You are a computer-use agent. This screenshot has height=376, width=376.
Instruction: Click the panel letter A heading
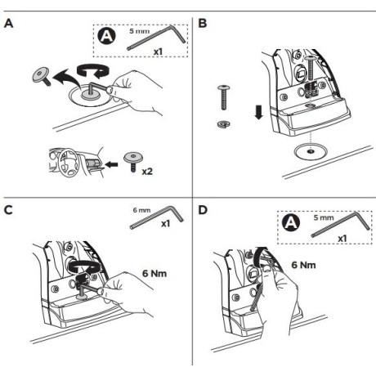point(8,23)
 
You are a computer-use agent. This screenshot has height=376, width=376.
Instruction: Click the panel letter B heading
point(203,23)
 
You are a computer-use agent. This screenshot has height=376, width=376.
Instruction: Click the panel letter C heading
point(8,210)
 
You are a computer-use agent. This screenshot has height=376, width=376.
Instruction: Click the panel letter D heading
point(203,210)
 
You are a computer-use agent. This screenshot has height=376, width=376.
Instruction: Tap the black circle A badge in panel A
point(106,36)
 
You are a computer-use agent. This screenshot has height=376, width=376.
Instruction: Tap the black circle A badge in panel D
point(291,223)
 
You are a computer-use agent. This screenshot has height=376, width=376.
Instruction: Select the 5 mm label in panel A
point(140,31)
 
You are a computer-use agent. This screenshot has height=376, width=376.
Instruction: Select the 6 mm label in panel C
point(141,210)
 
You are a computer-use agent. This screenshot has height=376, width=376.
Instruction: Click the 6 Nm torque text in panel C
point(154,273)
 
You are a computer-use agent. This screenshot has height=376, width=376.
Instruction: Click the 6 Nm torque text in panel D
point(303,265)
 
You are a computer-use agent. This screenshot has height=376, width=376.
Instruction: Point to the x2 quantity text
point(147,172)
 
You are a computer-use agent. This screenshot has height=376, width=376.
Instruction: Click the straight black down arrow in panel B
point(258,113)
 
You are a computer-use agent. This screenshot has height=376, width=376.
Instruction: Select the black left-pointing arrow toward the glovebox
point(111,164)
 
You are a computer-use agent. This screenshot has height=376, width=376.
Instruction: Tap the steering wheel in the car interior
point(67,163)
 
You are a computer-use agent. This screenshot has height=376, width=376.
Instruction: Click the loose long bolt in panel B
point(223,97)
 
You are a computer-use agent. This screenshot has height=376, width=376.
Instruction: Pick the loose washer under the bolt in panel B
point(224,124)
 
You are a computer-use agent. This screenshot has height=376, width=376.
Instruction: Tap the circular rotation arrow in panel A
point(93,71)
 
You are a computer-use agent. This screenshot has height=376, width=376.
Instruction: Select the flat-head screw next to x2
point(133,161)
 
